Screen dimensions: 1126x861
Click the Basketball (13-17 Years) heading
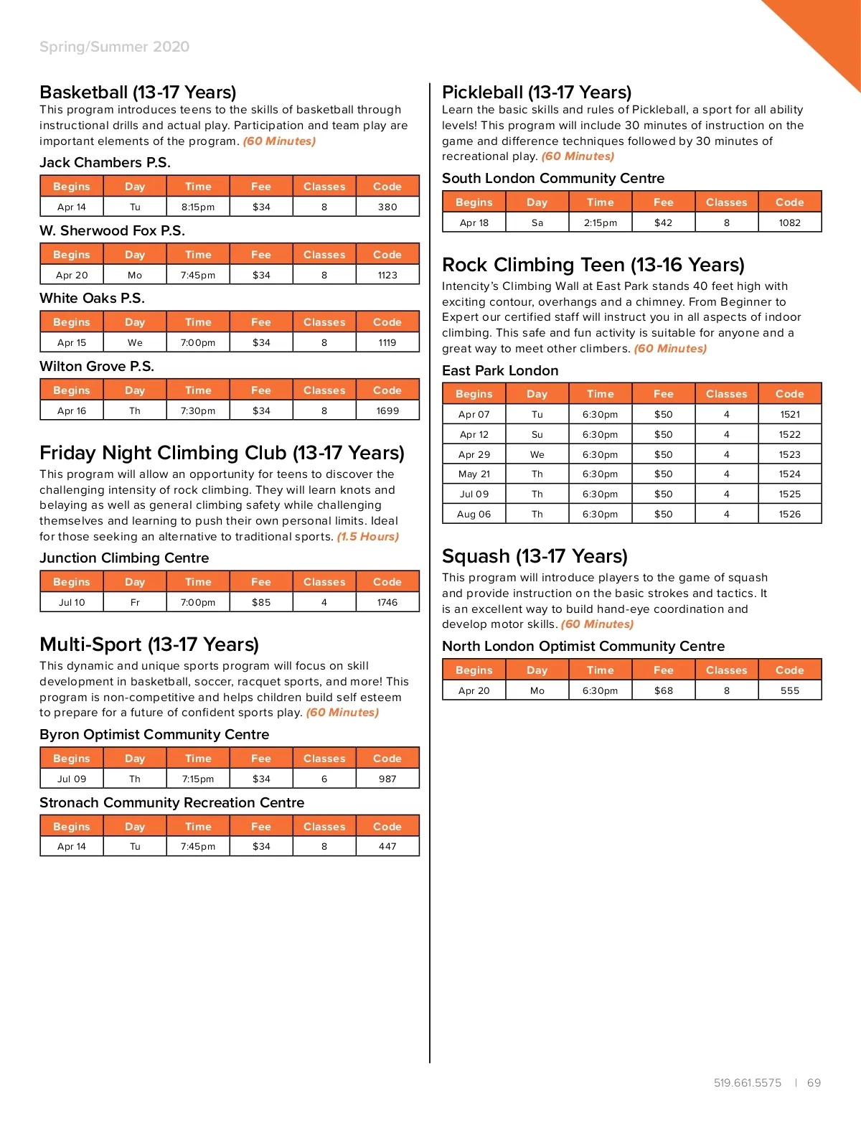[x=138, y=93]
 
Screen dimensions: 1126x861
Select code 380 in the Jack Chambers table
[x=387, y=207]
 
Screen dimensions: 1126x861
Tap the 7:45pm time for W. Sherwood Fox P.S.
[x=198, y=276]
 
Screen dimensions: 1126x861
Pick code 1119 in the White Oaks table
[x=387, y=343]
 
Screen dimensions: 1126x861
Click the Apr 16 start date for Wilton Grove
[x=72, y=411]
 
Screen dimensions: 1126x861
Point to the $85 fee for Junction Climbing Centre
[x=261, y=603]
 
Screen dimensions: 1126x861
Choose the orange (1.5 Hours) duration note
[x=367, y=537]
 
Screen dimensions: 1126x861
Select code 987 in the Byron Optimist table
[x=387, y=779]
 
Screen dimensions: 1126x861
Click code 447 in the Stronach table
[x=387, y=847]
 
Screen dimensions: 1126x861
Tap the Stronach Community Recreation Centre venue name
[x=171, y=803]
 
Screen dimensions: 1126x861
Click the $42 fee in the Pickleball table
[x=664, y=223]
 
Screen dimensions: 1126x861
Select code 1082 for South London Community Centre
[x=789, y=223]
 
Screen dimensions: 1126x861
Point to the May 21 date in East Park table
[x=474, y=474]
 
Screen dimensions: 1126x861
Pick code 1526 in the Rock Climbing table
[x=789, y=515]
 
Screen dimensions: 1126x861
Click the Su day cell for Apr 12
[x=537, y=435]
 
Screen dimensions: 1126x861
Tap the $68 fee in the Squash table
[x=664, y=691]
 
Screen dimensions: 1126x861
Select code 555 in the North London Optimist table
[x=789, y=691]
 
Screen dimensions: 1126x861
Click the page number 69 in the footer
[x=814, y=1083]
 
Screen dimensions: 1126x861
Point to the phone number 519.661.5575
[x=748, y=1083]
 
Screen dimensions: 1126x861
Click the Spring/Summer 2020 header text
[x=115, y=47]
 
